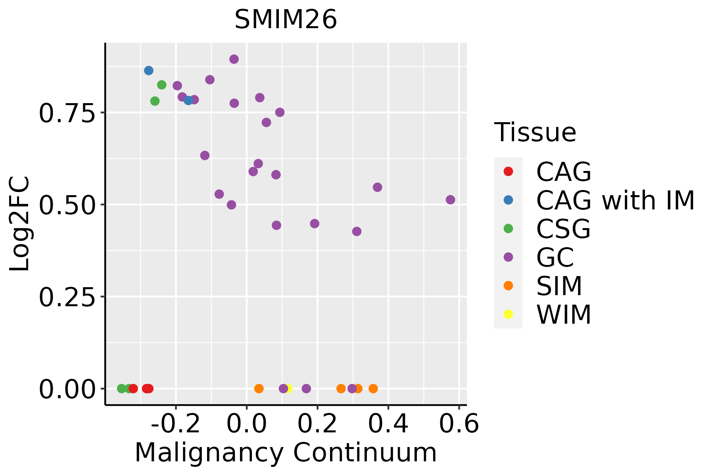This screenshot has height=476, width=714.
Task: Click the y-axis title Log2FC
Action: click(20, 224)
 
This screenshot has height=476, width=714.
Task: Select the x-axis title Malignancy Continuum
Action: click(286, 453)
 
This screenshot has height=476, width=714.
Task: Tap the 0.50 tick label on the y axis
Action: click(67, 205)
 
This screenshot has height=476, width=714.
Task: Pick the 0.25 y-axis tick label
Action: click(67, 297)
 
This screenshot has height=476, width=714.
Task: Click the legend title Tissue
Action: click(535, 132)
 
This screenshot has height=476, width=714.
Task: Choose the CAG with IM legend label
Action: click(615, 200)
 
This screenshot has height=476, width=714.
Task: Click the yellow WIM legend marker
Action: click(508, 314)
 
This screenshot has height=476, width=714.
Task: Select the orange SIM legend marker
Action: click(508, 286)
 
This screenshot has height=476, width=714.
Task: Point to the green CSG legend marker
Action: click(508, 228)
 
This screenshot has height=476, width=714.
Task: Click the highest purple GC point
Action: click(234, 59)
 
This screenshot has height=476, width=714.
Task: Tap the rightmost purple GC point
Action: click(450, 200)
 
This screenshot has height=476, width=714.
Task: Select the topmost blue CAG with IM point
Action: click(149, 71)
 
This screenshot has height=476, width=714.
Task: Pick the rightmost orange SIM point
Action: click(373, 388)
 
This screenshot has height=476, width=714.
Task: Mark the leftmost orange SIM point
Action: click(259, 388)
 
